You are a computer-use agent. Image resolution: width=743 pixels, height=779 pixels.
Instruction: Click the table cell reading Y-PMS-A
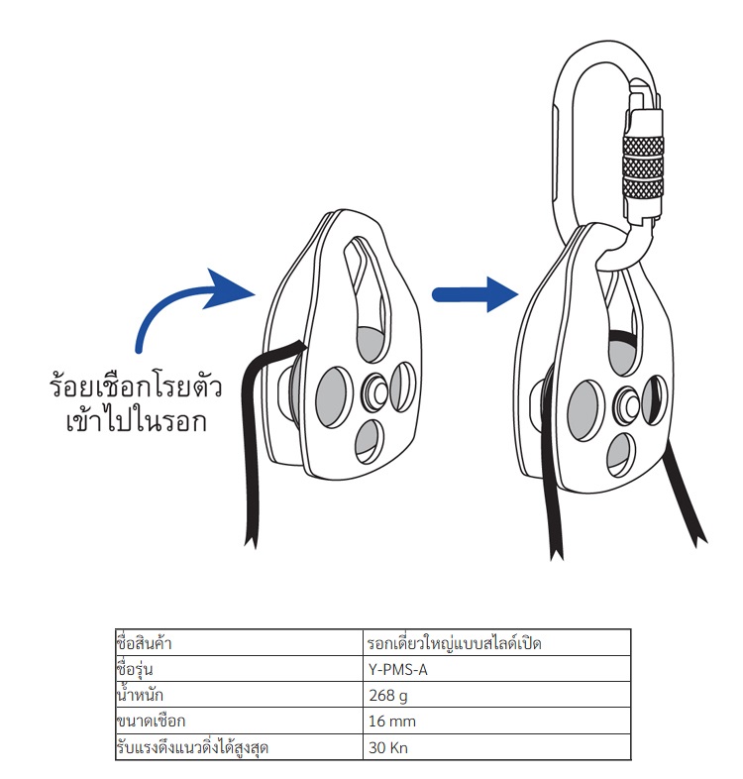pyautogui.click(x=397, y=670)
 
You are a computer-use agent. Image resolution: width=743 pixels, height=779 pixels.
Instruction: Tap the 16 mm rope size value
pyautogui.click(x=390, y=722)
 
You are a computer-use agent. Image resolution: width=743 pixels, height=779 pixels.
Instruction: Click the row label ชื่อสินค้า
pyautogui.click(x=153, y=643)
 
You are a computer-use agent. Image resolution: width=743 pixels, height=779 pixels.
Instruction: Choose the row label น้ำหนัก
pyautogui.click(x=142, y=696)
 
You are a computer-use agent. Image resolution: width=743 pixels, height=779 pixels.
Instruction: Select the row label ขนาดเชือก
pyautogui.click(x=152, y=722)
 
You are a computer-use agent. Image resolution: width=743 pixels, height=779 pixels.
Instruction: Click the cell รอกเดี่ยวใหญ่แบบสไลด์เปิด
pyautogui.click(x=454, y=643)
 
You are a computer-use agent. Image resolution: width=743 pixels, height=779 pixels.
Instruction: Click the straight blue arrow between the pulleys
pyautogui.click(x=475, y=293)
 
